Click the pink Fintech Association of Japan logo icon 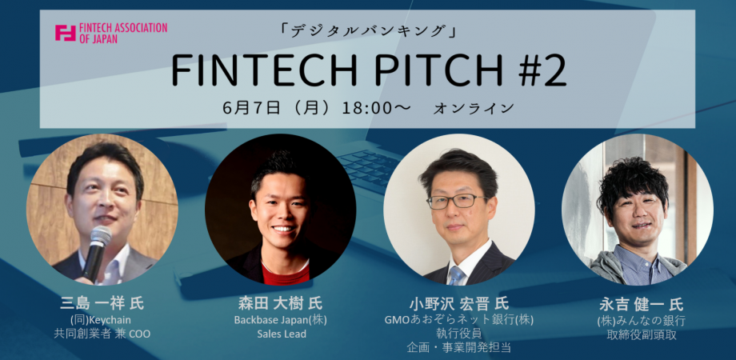[x=66, y=33]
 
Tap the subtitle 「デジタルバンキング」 [x=367, y=32]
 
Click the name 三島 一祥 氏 [x=102, y=303]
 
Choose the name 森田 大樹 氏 [x=281, y=303]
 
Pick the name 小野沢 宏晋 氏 [x=459, y=303]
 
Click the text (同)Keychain [x=100, y=320]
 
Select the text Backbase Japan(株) [x=281, y=320]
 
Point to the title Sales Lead [x=282, y=334]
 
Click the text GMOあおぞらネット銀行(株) [x=459, y=320]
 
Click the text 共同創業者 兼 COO [x=102, y=334]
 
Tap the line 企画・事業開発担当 [x=458, y=348]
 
